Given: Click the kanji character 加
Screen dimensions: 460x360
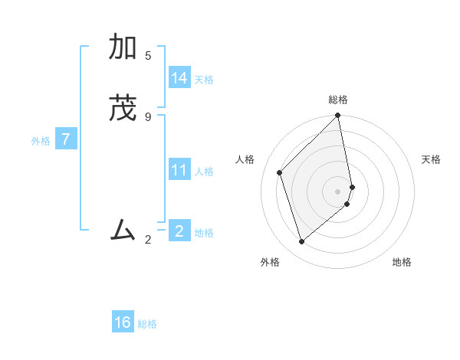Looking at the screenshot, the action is click(123, 48).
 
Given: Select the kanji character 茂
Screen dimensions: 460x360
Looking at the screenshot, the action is click(123, 108).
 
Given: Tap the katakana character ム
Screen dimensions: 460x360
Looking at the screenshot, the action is click(123, 229).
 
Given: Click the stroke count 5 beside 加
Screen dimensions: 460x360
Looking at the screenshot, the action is click(148, 56).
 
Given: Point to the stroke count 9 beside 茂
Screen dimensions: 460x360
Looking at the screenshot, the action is click(148, 116).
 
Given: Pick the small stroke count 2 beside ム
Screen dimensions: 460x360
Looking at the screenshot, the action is click(148, 240).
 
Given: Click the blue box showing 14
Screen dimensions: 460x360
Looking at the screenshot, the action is click(179, 78).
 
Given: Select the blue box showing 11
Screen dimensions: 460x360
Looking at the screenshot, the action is click(179, 170).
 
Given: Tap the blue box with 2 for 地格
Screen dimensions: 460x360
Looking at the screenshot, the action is click(179, 231).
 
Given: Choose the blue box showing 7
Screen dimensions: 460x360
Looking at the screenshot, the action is click(67, 139).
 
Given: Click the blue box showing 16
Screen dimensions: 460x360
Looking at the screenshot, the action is click(123, 322).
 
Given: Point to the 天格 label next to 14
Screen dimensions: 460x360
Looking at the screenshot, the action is click(204, 80).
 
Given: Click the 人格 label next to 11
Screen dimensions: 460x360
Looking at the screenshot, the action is click(204, 172).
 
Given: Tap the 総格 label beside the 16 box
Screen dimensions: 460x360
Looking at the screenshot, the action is click(147, 324).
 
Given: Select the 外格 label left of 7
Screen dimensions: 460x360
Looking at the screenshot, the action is click(41, 141).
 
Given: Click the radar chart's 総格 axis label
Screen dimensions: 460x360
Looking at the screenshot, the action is click(338, 100).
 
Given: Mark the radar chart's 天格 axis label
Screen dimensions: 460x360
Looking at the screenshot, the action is click(431, 159).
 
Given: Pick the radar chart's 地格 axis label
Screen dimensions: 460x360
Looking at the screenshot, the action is click(402, 262).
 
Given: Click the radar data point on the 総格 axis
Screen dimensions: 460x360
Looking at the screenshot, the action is click(338, 116).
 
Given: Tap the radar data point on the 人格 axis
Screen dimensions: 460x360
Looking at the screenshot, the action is click(280, 172).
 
